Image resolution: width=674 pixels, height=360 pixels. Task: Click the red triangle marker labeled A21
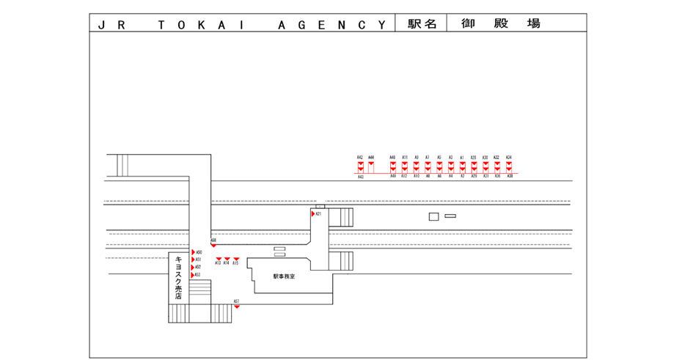point(313,214)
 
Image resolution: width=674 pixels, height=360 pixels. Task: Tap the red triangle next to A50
point(193,252)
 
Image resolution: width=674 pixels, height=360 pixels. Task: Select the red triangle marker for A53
point(193,275)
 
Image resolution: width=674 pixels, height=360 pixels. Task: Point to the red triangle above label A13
point(218,259)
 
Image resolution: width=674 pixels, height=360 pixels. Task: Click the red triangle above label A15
point(236,259)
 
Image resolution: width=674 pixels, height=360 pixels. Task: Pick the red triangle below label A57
point(237,306)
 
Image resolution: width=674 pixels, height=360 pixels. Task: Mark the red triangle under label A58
point(213,246)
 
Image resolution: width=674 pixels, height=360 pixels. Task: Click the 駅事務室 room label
point(284,276)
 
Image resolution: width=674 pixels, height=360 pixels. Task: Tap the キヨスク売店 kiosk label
point(178,277)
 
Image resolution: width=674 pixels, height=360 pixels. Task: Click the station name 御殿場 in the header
point(501,23)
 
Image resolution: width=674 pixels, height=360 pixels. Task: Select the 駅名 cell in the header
point(422,23)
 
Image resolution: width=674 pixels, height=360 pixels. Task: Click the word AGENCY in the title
point(331,24)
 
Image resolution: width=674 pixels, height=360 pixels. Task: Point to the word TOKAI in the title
point(198,24)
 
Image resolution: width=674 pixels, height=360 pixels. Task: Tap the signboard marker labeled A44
point(371,166)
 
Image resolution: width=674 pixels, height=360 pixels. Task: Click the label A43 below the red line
point(360,177)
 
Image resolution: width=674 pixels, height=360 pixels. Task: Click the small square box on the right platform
point(433,216)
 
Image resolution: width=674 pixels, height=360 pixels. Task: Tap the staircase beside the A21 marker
point(341,217)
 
